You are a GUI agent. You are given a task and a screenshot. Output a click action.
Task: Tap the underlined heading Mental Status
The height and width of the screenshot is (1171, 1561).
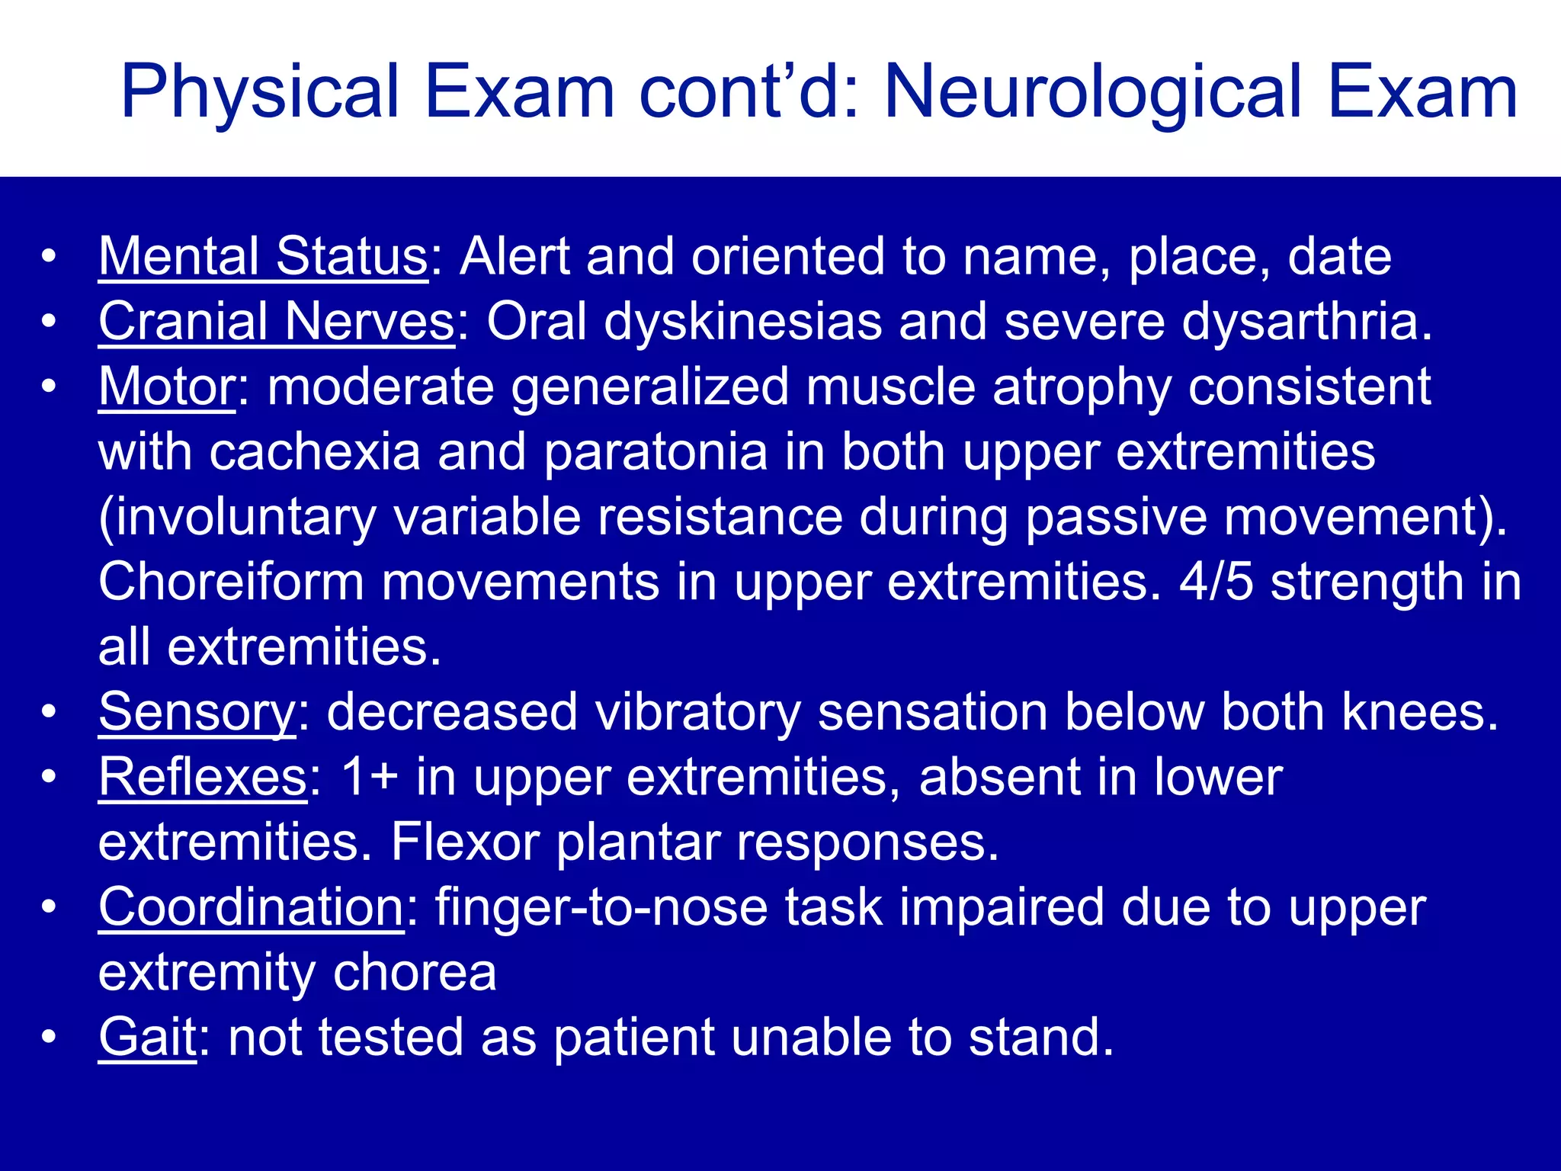click(263, 257)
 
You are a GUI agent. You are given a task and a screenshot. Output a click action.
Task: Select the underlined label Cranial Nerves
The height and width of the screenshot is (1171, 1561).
click(276, 322)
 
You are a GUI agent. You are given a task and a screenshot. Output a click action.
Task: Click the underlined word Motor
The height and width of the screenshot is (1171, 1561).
click(167, 387)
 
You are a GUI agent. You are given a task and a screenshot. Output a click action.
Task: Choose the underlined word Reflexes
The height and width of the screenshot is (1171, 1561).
click(203, 778)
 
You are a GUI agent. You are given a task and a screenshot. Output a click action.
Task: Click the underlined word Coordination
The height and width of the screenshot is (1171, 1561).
click(251, 908)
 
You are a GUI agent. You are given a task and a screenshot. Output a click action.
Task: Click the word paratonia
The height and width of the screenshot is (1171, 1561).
click(655, 452)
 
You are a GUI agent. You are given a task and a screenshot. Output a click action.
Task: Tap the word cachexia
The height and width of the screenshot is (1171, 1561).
click(314, 452)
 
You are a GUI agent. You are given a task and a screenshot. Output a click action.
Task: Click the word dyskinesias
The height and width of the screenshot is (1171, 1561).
click(742, 322)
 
